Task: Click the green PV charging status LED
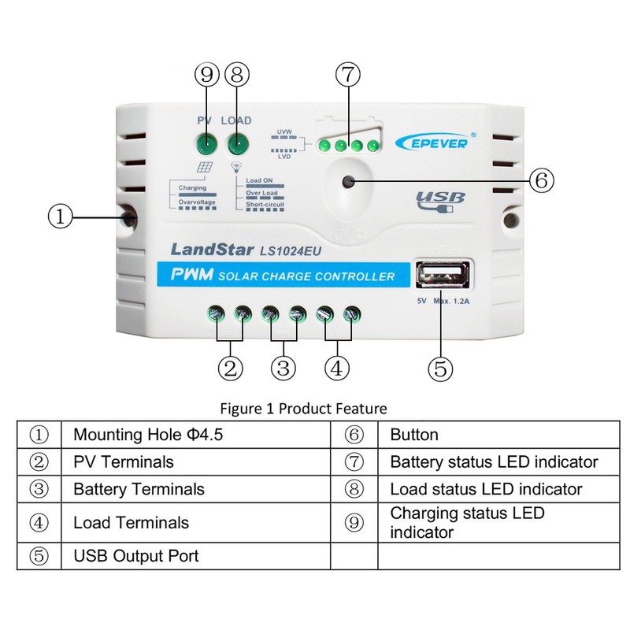pyautogui.click(x=207, y=145)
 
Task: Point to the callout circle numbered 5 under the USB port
pyautogui.click(x=440, y=368)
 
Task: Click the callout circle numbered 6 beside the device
pyautogui.click(x=539, y=180)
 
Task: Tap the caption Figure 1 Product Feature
pyautogui.click(x=303, y=409)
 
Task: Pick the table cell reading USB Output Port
pyautogui.click(x=136, y=556)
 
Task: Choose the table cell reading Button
pyautogui.click(x=414, y=435)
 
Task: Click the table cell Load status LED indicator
pyautogui.click(x=486, y=489)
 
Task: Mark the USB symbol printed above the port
pyautogui.click(x=441, y=200)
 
